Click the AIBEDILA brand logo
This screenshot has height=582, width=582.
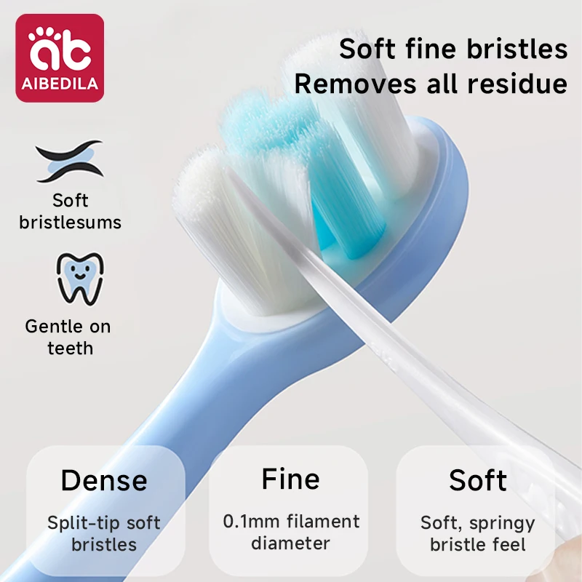(x=60, y=57)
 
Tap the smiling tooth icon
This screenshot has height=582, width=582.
(x=80, y=278)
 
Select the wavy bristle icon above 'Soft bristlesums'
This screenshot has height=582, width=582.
(x=69, y=162)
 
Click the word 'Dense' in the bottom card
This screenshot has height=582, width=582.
(x=104, y=481)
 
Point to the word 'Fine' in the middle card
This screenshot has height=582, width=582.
(x=290, y=479)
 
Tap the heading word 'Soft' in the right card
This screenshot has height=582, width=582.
(x=478, y=481)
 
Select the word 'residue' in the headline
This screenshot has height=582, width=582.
(x=512, y=84)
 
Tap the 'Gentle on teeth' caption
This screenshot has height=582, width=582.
(x=69, y=337)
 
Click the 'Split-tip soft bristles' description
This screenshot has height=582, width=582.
(x=104, y=533)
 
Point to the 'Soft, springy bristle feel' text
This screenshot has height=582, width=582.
(x=478, y=533)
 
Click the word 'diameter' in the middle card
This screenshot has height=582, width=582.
(x=291, y=543)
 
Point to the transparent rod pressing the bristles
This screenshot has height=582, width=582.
(x=407, y=342)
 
